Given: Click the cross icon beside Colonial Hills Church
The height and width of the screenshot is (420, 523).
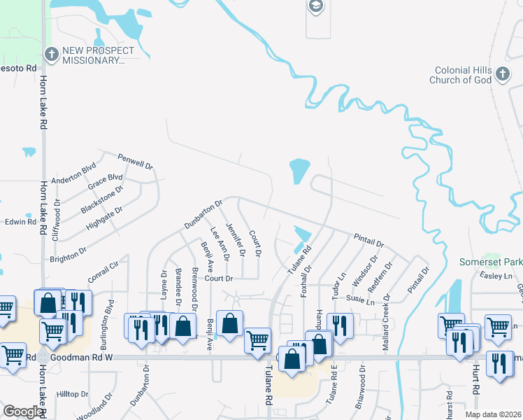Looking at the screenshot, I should coord(501,74).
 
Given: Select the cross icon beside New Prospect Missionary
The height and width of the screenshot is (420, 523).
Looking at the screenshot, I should coord(50,54).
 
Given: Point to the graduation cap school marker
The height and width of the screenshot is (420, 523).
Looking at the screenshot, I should coord(315,7).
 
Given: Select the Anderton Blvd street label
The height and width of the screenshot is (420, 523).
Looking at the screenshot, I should coord(73,173).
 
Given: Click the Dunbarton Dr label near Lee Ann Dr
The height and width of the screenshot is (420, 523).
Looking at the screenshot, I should coord(203,214).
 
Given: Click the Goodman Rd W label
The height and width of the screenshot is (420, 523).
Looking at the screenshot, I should coord(92,357).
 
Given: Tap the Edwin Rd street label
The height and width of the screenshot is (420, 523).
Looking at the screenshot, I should coord(20,222).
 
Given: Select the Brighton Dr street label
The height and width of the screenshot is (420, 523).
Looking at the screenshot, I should coord(68,253).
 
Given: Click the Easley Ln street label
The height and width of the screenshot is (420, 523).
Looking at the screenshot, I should coord(497,276).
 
